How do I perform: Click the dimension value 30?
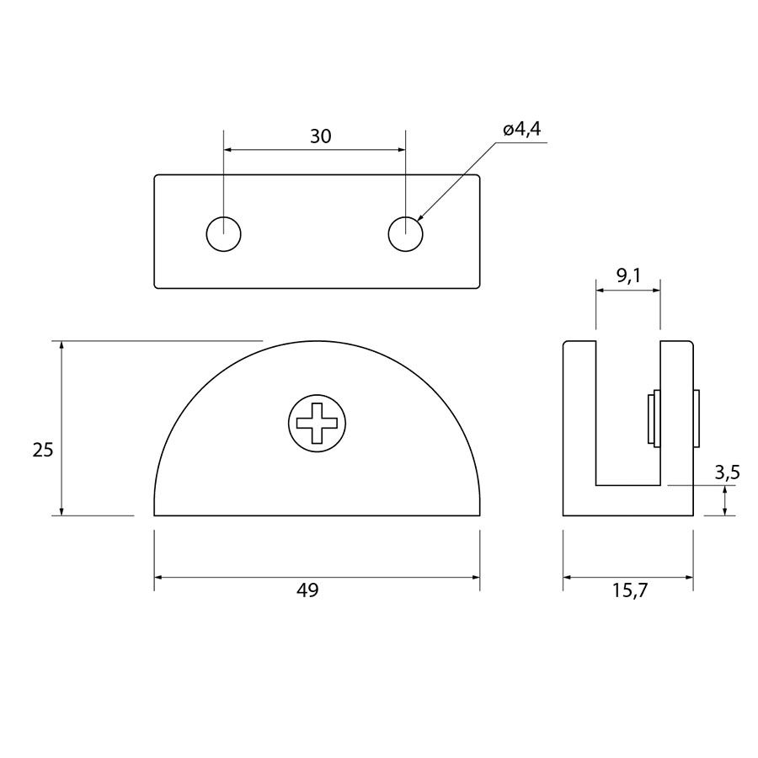(x=321, y=136)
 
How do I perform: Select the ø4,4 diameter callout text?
(x=521, y=129)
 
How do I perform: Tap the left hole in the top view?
(x=223, y=234)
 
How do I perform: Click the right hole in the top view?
(x=406, y=234)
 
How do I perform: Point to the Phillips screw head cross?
(x=318, y=423)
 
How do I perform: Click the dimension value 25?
(x=43, y=450)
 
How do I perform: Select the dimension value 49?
(x=308, y=590)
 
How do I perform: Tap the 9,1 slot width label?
(x=628, y=275)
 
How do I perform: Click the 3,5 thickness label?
(x=728, y=472)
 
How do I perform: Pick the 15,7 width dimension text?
(x=629, y=590)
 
